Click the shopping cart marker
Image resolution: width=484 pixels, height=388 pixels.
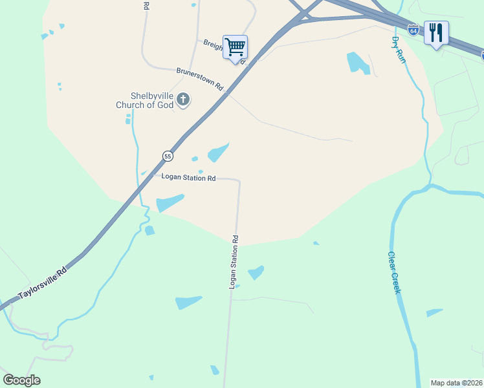[235, 47]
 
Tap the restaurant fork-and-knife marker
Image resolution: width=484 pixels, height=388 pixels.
[436, 32]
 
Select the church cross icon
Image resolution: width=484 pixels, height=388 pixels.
[184, 100]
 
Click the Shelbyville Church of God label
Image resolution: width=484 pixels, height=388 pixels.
[144, 101]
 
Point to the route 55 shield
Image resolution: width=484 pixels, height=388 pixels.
[168, 156]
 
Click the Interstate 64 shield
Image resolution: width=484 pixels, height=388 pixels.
[413, 30]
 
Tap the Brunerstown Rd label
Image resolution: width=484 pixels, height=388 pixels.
[199, 79]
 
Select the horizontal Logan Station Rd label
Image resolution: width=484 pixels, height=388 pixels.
[188, 178]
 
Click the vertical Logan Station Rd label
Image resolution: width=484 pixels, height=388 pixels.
[234, 261]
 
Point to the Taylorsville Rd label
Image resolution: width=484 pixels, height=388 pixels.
[43, 284]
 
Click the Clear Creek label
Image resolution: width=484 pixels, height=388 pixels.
[395, 272]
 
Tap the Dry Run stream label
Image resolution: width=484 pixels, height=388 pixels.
[399, 48]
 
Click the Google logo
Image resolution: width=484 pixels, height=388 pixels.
[21, 380]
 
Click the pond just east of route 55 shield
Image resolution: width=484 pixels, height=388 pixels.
[217, 153]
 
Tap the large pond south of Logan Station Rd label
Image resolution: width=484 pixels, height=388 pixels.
[170, 203]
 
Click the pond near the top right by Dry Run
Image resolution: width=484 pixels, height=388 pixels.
[355, 62]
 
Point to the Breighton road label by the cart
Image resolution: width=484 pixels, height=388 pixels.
[214, 44]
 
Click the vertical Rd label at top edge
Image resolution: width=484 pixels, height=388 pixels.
[146, 5]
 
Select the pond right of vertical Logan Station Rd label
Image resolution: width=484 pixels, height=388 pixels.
[256, 272]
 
